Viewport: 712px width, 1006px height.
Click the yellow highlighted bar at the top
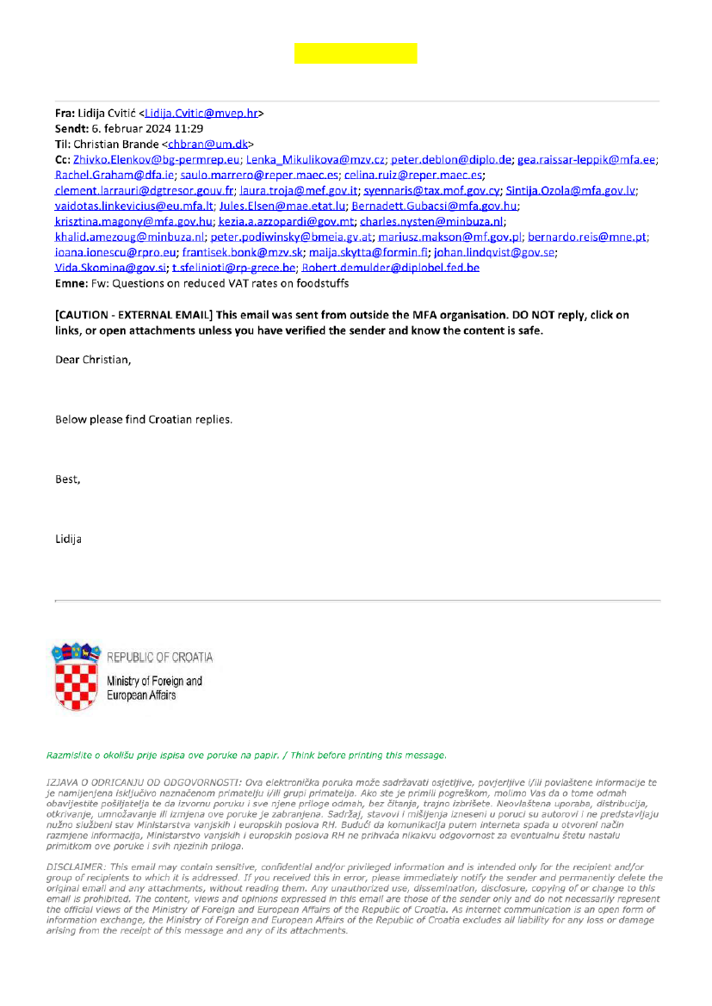click(x=356, y=53)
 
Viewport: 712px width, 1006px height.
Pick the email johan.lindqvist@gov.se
click(x=494, y=252)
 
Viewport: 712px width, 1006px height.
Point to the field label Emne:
click(x=71, y=283)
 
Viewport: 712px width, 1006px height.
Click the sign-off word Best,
click(x=67, y=479)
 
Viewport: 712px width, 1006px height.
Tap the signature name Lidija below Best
click(x=68, y=540)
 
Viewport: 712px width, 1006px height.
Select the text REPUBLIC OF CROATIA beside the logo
click(x=159, y=657)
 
